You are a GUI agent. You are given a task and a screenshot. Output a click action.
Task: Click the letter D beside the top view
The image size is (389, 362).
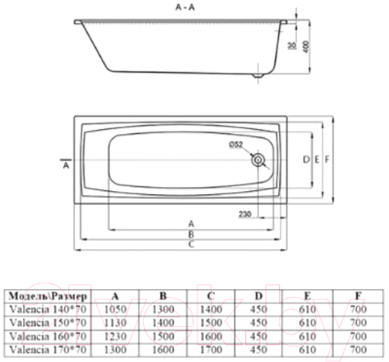(x=304, y=158)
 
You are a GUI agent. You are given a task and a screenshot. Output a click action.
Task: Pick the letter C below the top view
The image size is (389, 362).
(x=191, y=244)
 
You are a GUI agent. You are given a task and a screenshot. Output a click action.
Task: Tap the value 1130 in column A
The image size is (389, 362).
(x=116, y=323)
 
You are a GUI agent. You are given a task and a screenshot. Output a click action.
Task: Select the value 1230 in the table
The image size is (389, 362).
(x=116, y=336)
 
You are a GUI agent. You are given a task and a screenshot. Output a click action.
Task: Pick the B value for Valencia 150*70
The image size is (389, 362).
(x=162, y=323)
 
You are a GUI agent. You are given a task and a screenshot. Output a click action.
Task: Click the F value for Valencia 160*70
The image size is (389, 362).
(x=356, y=336)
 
